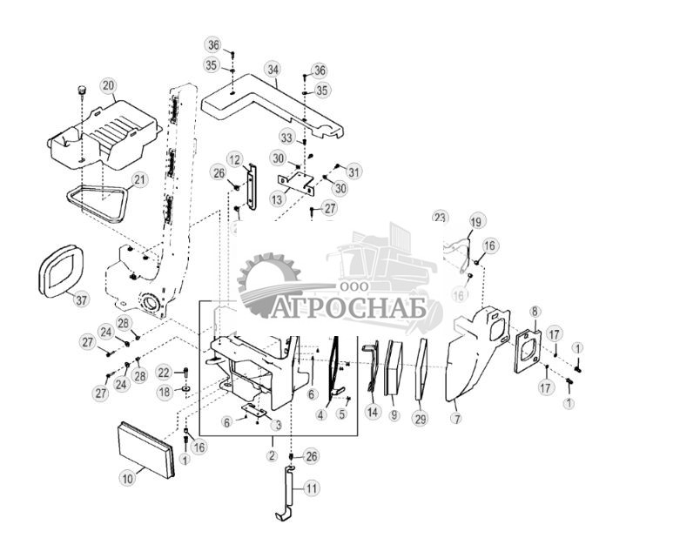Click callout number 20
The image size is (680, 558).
click(x=108, y=85)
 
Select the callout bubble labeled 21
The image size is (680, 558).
click(x=139, y=180)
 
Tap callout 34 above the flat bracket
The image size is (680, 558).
click(x=273, y=69)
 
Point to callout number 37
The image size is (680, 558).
click(x=81, y=300)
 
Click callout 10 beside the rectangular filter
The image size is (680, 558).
click(x=127, y=477)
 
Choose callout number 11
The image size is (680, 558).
click(x=311, y=489)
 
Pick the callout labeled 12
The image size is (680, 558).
click(x=235, y=158)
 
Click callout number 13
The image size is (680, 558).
click(x=278, y=199)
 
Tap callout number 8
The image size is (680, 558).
click(x=535, y=311)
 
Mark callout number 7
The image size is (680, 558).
click(x=456, y=419)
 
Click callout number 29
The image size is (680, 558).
click(x=421, y=419)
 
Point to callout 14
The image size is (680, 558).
click(x=373, y=412)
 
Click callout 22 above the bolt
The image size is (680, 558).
click(x=164, y=372)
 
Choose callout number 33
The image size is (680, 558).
click(x=287, y=137)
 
